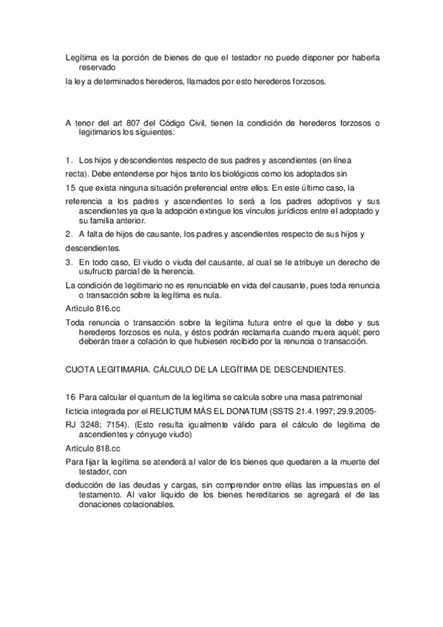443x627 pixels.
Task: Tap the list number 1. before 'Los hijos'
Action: [x=69, y=160]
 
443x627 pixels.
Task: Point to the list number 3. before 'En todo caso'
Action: [x=69, y=262]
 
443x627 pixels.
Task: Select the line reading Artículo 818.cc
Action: [x=92, y=448]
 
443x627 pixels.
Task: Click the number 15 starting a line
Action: [x=70, y=188]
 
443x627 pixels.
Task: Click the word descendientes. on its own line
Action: [x=92, y=248]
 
